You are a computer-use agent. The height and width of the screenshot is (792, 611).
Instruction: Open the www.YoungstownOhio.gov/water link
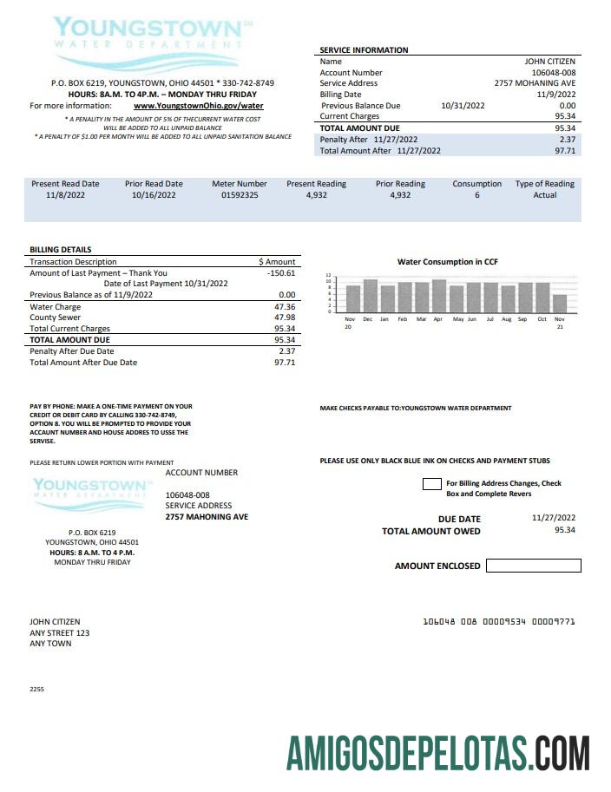[198, 106]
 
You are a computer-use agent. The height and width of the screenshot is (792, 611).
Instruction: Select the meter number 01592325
[240, 196]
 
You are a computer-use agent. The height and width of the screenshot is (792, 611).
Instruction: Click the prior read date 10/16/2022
[154, 196]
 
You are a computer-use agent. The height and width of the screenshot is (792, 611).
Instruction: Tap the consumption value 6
[476, 196]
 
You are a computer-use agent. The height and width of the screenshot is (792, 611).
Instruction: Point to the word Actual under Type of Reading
[544, 196]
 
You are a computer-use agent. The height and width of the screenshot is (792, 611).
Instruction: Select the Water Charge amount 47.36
[284, 307]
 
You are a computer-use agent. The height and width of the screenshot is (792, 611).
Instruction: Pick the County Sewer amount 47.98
[284, 317]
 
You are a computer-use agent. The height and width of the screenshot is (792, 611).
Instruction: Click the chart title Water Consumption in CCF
[447, 262]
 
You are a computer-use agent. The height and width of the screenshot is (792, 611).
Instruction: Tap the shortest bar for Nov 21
[560, 303]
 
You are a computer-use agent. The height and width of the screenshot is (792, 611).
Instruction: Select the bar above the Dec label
[370, 295]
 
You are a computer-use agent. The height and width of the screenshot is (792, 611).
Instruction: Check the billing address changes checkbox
[431, 484]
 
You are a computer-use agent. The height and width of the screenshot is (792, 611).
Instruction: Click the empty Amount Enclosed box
[533, 566]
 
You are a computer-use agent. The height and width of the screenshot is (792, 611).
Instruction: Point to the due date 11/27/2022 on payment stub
[553, 518]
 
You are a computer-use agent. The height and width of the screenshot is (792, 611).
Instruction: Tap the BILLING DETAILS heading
[60, 250]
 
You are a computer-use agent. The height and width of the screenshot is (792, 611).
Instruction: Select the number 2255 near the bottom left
[36, 689]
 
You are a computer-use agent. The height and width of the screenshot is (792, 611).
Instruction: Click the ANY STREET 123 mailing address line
[59, 632]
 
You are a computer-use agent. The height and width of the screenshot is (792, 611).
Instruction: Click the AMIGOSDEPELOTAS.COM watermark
[438, 752]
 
